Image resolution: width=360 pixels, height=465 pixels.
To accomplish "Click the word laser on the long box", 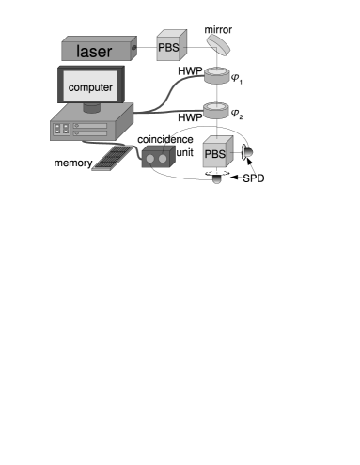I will point(94,52).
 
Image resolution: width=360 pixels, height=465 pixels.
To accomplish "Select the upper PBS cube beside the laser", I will point(168,45).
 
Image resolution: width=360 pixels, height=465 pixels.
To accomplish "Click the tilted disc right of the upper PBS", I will point(220,44).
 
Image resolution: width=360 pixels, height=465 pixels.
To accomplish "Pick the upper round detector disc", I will point(216,76).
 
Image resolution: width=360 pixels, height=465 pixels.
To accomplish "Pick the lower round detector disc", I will point(216,110).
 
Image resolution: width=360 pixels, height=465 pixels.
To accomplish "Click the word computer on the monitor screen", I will point(90,88).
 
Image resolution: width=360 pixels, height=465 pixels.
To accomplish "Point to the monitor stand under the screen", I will point(91,109).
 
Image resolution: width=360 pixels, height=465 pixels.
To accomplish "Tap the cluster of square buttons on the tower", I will point(63,128).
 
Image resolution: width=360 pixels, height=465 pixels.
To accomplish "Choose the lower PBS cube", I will point(216,151).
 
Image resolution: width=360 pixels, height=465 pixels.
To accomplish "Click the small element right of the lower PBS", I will point(246,151).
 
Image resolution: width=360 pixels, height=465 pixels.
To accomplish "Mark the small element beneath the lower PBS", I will point(217,178).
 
